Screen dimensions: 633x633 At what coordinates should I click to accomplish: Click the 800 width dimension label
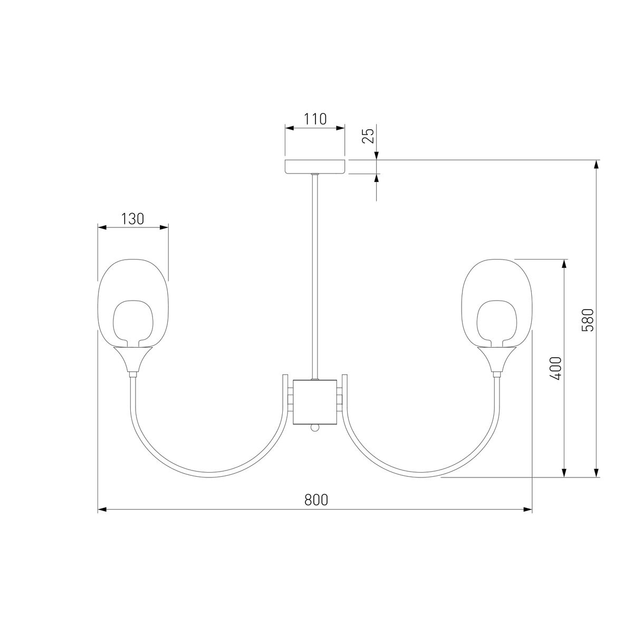[316, 500]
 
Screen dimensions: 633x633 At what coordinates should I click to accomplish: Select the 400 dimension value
[555, 368]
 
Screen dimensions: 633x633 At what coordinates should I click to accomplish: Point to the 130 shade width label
[133, 219]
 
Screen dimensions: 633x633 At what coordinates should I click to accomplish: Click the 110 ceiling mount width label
[315, 119]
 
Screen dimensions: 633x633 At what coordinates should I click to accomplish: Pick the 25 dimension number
[368, 136]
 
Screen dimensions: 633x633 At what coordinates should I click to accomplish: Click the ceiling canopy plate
[315, 167]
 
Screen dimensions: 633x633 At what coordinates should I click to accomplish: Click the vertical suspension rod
[315, 276]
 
